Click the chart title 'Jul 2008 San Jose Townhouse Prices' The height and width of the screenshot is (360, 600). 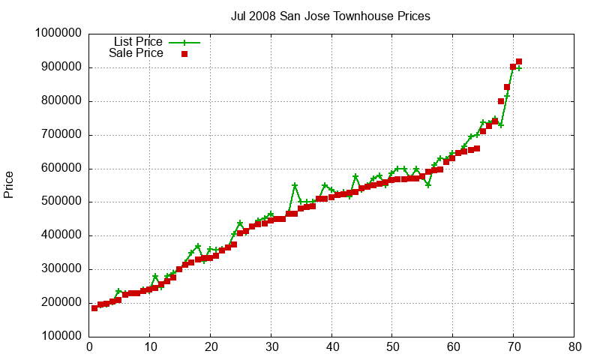[331, 16]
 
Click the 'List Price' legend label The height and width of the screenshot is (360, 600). [138, 42]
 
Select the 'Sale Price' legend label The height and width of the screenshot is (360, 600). [136, 53]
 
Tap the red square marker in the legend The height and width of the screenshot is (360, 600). [184, 54]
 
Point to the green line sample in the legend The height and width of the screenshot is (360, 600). [184, 43]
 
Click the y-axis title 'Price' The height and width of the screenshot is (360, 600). [9, 185]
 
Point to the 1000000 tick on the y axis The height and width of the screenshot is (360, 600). [58, 34]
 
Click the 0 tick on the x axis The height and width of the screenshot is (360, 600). [89, 347]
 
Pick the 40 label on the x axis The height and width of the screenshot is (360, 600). [331, 347]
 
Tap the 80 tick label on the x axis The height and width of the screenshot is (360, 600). [574, 347]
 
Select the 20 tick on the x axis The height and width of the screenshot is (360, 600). [211, 347]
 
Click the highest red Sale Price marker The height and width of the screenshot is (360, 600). [519, 61]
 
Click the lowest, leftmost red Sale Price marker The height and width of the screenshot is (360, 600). [94, 308]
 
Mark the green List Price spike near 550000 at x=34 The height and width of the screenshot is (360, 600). [295, 185]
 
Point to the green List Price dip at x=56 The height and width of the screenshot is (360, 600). [428, 184]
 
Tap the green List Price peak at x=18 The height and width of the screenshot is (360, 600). [198, 246]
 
